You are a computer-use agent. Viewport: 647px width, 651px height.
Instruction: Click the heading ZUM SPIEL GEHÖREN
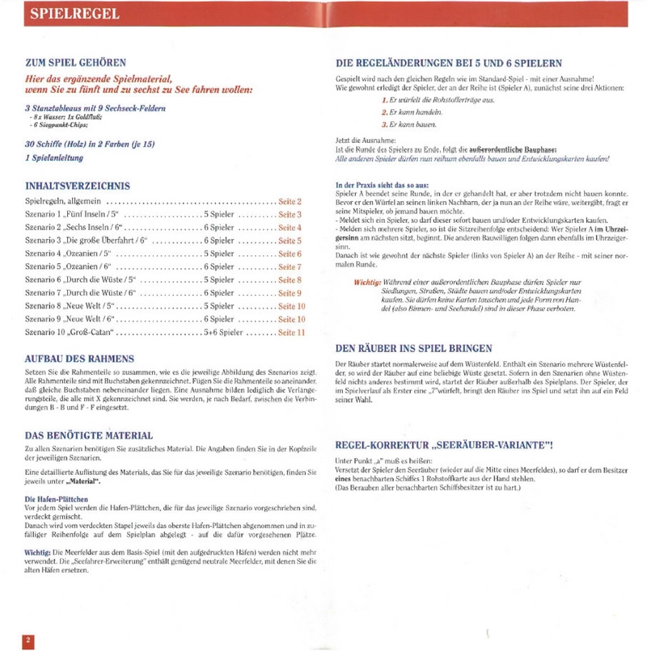click(x=76, y=62)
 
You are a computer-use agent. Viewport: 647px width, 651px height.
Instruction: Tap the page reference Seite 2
click(x=290, y=201)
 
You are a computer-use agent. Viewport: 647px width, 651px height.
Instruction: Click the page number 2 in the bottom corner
click(x=28, y=640)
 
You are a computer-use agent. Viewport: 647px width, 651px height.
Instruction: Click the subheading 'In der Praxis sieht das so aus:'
click(x=382, y=186)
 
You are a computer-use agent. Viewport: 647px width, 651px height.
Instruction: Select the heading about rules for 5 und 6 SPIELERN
click(x=449, y=63)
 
